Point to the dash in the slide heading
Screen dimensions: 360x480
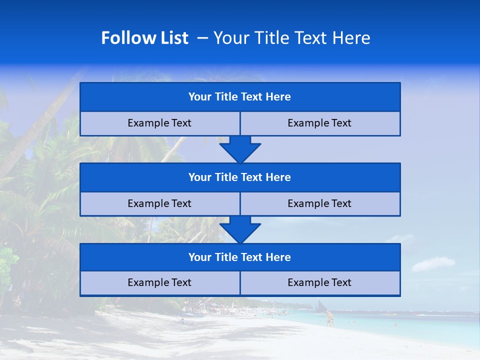(203, 38)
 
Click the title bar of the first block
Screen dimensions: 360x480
(240, 97)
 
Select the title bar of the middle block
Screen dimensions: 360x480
(240, 177)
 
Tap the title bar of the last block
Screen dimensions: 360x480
(240, 257)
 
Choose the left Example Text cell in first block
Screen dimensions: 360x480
(159, 123)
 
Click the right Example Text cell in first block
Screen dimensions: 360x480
(320, 123)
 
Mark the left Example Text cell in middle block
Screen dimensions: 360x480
(159, 203)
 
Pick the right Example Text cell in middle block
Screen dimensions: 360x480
(320, 203)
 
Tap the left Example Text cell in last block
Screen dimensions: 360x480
(159, 282)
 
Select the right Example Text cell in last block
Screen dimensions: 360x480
(320, 282)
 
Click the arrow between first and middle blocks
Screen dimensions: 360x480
(240, 149)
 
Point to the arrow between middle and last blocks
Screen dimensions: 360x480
(240, 229)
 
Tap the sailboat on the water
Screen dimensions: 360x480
(320, 305)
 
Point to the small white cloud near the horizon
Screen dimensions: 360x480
(433, 263)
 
